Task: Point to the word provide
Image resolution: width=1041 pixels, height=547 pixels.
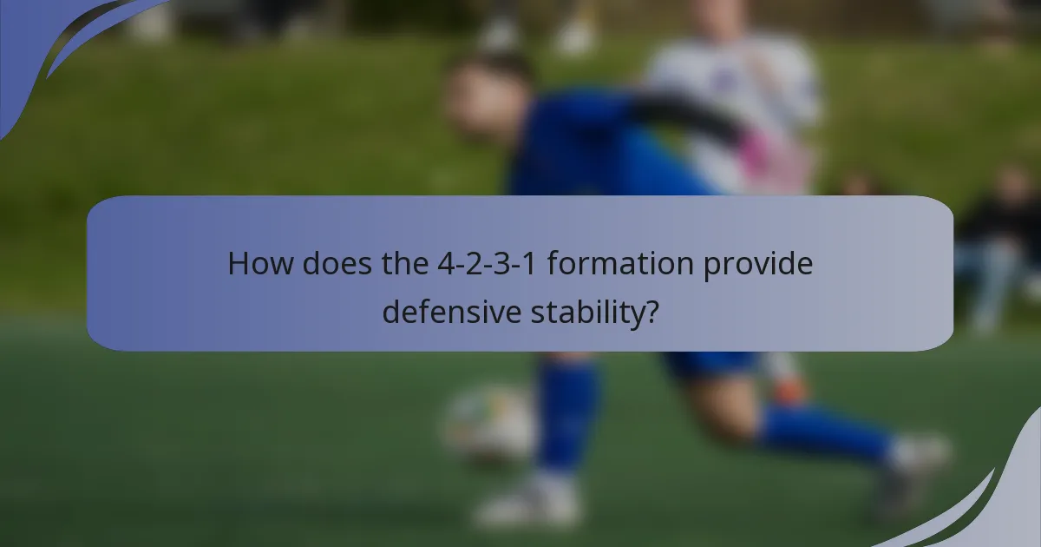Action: coord(758,263)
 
